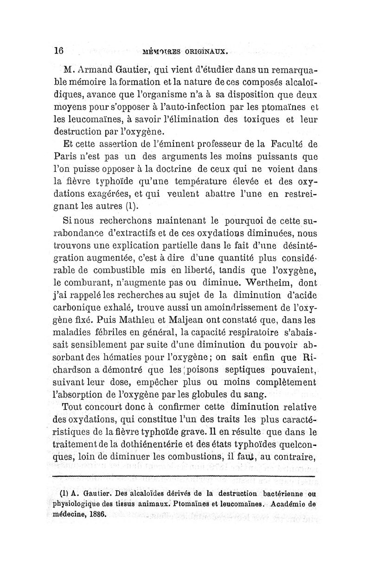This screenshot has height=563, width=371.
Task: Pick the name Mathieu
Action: (127, 319)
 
